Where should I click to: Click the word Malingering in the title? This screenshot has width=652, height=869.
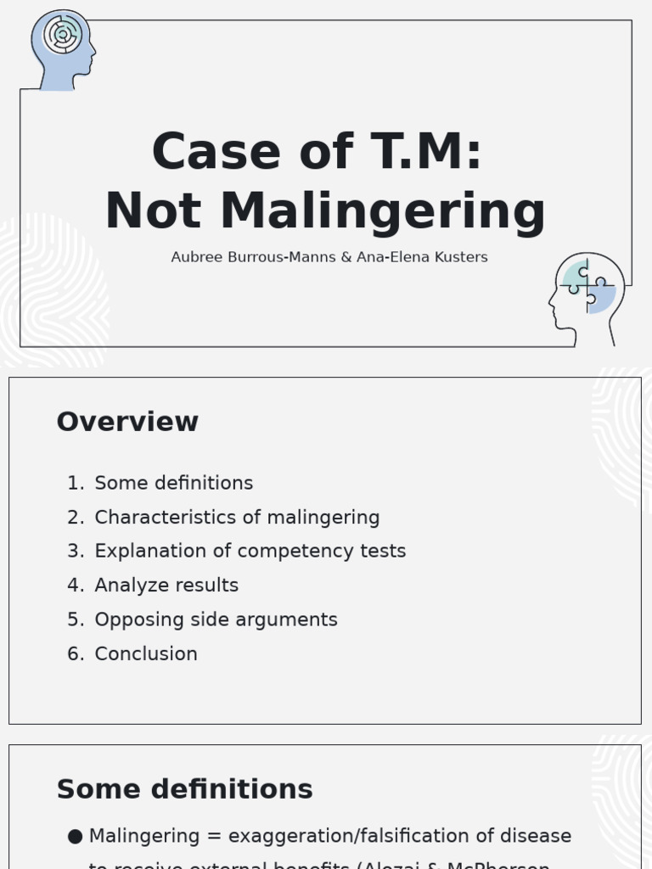383,211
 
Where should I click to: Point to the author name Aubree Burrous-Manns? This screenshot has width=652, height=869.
253,257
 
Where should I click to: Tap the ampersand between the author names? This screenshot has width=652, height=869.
346,257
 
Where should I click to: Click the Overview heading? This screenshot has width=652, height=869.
127,422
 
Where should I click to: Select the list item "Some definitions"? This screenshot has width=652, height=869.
174,483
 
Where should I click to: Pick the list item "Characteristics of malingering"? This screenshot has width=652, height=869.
237,517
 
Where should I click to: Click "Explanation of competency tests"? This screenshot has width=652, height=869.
250,551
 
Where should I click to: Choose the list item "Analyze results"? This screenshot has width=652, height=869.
166,585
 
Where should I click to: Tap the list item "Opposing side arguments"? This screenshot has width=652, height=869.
216,620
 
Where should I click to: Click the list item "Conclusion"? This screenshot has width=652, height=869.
146,653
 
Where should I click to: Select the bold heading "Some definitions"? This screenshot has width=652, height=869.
184,789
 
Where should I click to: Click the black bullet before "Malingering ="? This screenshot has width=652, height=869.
75,837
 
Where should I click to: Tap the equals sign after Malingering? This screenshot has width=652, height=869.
213,837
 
